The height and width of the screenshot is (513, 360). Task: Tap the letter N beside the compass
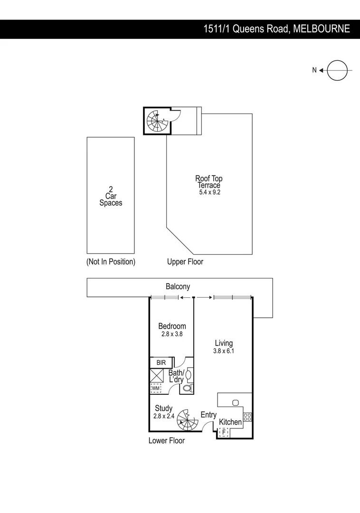tap(314, 70)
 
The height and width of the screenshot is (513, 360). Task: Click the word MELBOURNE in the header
tap(322, 29)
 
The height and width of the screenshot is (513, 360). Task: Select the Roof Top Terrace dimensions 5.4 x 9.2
tap(209, 192)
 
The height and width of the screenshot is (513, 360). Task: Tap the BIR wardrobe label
tap(161, 362)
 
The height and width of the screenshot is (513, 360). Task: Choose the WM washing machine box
tap(156, 389)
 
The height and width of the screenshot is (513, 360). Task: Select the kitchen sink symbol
tap(235, 403)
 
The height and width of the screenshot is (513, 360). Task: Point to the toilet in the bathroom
tap(187, 388)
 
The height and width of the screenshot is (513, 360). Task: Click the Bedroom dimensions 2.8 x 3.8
tap(172, 334)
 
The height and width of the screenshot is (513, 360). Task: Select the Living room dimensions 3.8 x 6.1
tap(224, 351)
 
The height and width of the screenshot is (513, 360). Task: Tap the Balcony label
tap(178, 286)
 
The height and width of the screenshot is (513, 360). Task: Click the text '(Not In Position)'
tap(111, 262)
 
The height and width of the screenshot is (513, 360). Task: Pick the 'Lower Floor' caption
tap(166, 441)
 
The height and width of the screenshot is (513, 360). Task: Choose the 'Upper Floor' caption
tap(185, 262)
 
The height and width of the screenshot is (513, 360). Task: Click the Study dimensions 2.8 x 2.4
tap(164, 416)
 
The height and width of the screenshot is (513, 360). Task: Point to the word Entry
tap(208, 415)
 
